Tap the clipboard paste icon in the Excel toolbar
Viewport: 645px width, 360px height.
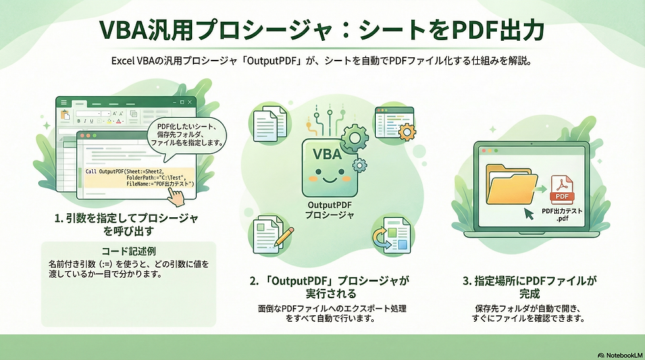(65, 114)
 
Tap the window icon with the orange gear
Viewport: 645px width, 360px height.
(394, 124)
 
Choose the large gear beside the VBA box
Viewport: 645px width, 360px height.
(353, 138)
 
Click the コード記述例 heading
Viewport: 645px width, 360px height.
(128, 251)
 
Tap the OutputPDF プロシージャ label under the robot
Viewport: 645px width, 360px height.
(327, 211)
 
